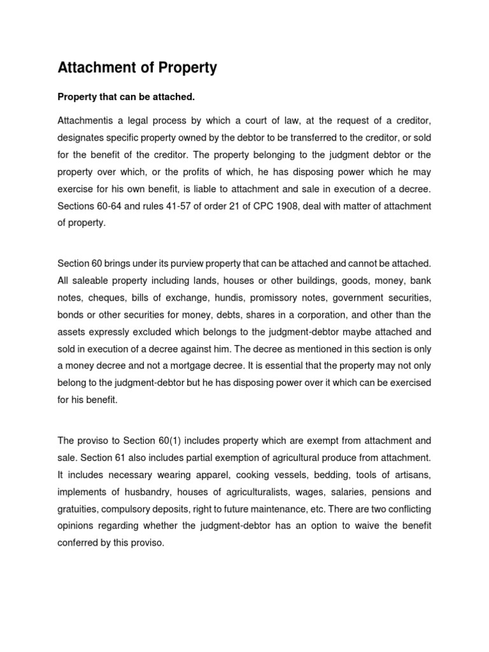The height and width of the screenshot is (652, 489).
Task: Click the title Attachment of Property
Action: pyautogui.click(x=138, y=68)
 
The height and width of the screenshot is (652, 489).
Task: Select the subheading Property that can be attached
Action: pyautogui.click(x=126, y=97)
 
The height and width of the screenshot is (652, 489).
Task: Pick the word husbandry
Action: pyautogui.click(x=146, y=492)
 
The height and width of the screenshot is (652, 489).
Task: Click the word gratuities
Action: pyautogui.click(x=78, y=509)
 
